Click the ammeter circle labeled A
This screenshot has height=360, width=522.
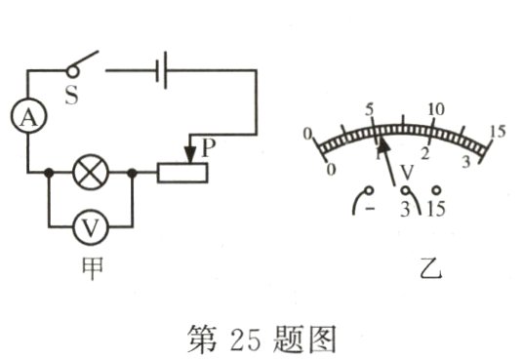[29, 117]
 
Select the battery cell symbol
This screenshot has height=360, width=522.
[160, 69]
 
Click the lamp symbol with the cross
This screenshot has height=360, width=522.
[91, 173]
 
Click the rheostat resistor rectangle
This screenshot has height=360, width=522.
[181, 173]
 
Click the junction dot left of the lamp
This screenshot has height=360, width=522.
[49, 173]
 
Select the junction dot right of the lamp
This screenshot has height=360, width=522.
[133, 173]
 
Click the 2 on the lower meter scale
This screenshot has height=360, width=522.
[425, 154]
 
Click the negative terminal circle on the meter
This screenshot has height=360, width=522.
[369, 189]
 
